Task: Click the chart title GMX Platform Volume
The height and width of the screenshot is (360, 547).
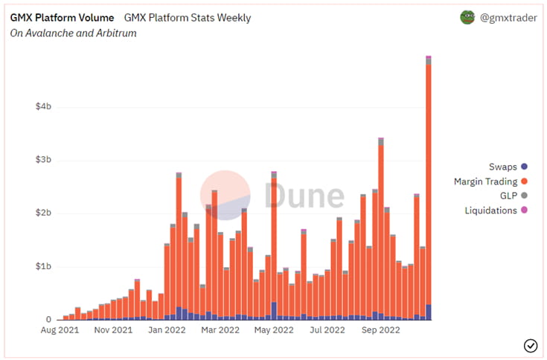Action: click(63, 17)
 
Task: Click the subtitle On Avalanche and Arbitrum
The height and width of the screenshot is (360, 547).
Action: click(73, 33)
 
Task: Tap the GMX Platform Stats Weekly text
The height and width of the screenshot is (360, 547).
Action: click(188, 17)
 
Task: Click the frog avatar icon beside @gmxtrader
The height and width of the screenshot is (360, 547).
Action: click(467, 17)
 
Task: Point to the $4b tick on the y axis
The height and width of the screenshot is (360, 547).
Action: click(43, 106)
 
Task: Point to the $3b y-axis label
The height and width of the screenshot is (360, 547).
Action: click(43, 160)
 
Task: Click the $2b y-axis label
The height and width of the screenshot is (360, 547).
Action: click(43, 213)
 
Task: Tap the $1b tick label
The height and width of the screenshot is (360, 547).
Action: click(43, 266)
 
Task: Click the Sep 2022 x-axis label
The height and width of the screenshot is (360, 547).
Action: click(380, 330)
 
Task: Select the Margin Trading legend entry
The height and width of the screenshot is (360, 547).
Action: click(490, 181)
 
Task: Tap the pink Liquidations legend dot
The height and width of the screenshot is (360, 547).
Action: click(524, 210)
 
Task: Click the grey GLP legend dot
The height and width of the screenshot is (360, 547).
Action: click(524, 196)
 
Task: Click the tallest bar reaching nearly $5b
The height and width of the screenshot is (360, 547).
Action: click(429, 186)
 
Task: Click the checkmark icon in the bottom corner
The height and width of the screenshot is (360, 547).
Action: click(531, 344)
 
